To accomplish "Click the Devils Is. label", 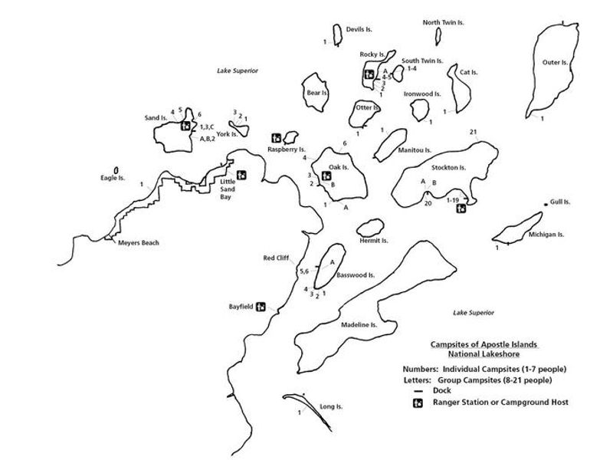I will [x=359, y=29].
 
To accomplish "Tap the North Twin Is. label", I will [x=444, y=23].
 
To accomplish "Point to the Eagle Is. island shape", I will [x=116, y=169].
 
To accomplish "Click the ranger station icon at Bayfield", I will [x=261, y=306].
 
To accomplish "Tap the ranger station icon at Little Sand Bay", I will [x=241, y=176].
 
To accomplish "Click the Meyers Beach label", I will [x=138, y=243].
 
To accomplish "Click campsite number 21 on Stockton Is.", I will [x=474, y=133].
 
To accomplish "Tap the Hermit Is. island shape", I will [x=370, y=227].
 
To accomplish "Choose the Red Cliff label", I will [x=275, y=258].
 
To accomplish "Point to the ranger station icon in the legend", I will [x=418, y=402].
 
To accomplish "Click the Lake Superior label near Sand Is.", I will [x=237, y=71].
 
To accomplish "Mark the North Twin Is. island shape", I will [x=438, y=37].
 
